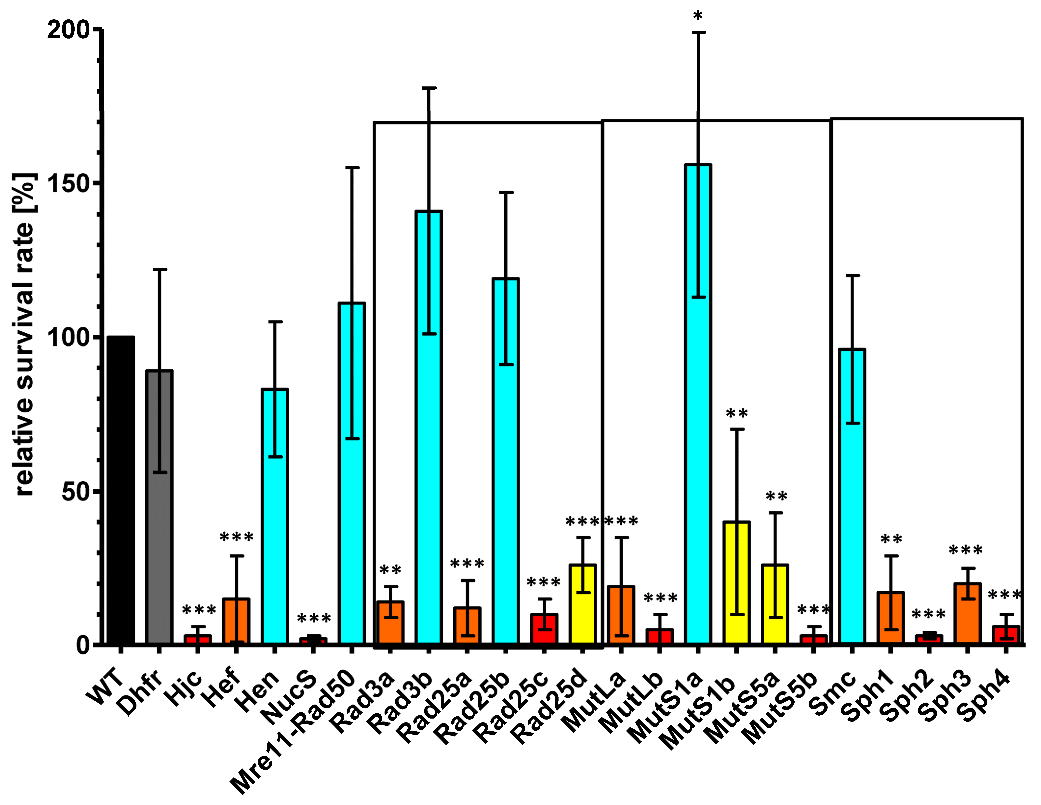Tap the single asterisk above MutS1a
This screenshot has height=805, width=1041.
click(698, 17)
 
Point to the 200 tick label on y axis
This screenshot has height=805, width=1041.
click(68, 30)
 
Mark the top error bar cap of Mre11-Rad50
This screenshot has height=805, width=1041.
click(352, 168)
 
